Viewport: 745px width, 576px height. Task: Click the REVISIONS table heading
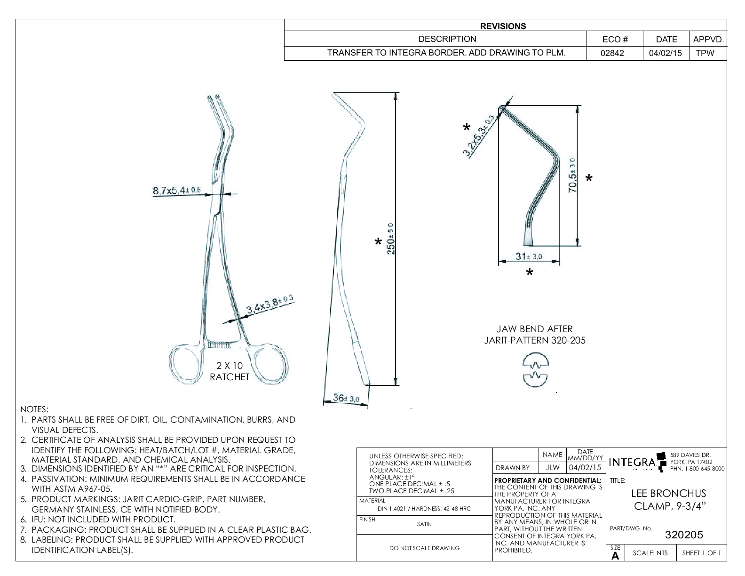pyautogui.click(x=503, y=26)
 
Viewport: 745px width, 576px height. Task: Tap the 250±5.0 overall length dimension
pyautogui.click(x=390, y=239)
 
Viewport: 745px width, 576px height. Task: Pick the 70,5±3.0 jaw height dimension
pyautogui.click(x=573, y=175)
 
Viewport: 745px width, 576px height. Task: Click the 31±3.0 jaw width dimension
pyautogui.click(x=529, y=256)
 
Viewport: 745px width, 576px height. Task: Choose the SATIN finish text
pyautogui.click(x=424, y=524)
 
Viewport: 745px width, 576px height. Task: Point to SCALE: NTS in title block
pyautogui.click(x=650, y=553)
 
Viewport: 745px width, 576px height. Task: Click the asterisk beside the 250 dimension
pyautogui.click(x=378, y=242)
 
